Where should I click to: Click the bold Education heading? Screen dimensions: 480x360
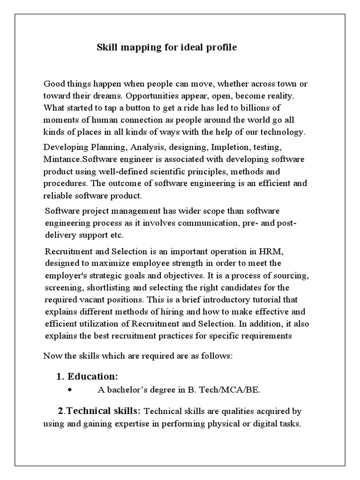point(92,376)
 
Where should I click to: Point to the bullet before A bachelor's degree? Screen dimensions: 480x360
point(70,390)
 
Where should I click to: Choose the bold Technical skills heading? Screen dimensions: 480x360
point(103,411)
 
